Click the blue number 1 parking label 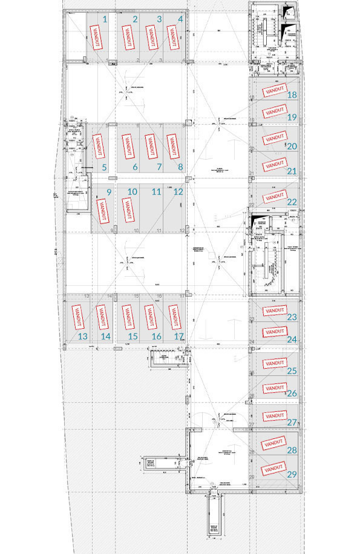[x=105, y=19]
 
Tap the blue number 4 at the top [x=181, y=19]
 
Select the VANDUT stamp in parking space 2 [x=128, y=38]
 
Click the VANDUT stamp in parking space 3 [x=151, y=38]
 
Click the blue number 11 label [x=156, y=191]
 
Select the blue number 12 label [x=178, y=191]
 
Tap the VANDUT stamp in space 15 [x=127, y=315]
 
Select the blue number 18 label [x=292, y=95]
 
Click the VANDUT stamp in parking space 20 [x=274, y=138]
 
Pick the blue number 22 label [x=292, y=202]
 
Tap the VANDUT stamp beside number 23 [x=274, y=310]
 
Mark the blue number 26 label [x=292, y=394]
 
